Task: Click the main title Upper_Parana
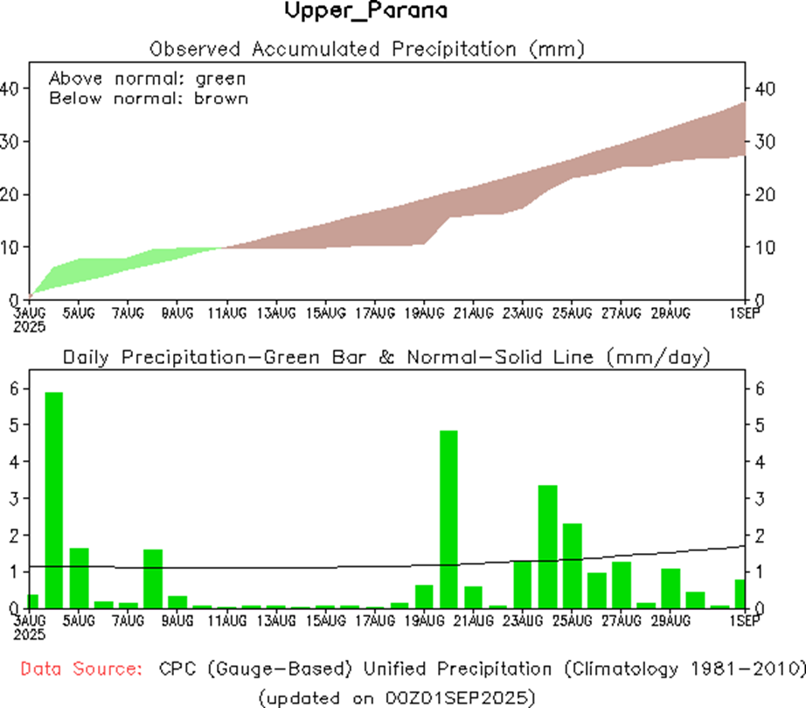click(366, 12)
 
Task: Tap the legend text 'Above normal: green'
click(147, 78)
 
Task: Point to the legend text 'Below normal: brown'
click(149, 98)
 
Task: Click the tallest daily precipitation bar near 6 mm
click(54, 499)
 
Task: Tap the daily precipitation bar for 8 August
click(153, 578)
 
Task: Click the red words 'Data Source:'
click(81, 669)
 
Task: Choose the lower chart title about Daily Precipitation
click(386, 357)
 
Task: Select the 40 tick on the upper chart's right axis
click(763, 88)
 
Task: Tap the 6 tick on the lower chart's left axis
click(12, 388)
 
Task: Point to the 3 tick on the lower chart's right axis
click(759, 498)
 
